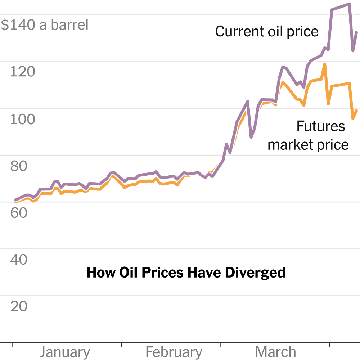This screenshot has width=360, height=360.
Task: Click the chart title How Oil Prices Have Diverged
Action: click(x=186, y=273)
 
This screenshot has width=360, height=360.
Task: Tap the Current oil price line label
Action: click(x=267, y=32)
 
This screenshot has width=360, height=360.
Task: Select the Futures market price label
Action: click(x=309, y=135)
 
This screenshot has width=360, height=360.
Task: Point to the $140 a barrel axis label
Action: click(x=45, y=25)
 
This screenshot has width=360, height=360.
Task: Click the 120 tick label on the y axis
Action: click(x=23, y=72)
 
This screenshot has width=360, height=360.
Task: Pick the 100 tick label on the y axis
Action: click(x=23, y=119)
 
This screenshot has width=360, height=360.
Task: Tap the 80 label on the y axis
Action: click(x=19, y=166)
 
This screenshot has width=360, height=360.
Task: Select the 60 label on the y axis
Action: click(x=19, y=213)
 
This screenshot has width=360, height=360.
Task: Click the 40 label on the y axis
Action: click(x=19, y=260)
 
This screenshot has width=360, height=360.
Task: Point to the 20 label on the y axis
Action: click(x=19, y=306)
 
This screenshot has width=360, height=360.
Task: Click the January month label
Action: click(x=65, y=352)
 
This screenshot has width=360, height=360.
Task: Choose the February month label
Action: click(x=174, y=352)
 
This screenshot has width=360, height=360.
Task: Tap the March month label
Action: click(x=275, y=352)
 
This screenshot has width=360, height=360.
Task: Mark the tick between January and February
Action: click(x=121, y=345)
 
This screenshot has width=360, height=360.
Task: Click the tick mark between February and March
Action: click(x=220, y=345)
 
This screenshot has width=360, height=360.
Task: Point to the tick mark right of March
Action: click(x=329, y=345)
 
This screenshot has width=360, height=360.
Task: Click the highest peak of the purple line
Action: click(x=349, y=4)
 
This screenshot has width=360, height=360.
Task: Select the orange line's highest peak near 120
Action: click(x=325, y=64)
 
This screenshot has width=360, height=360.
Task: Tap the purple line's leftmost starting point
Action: click(x=15, y=200)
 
